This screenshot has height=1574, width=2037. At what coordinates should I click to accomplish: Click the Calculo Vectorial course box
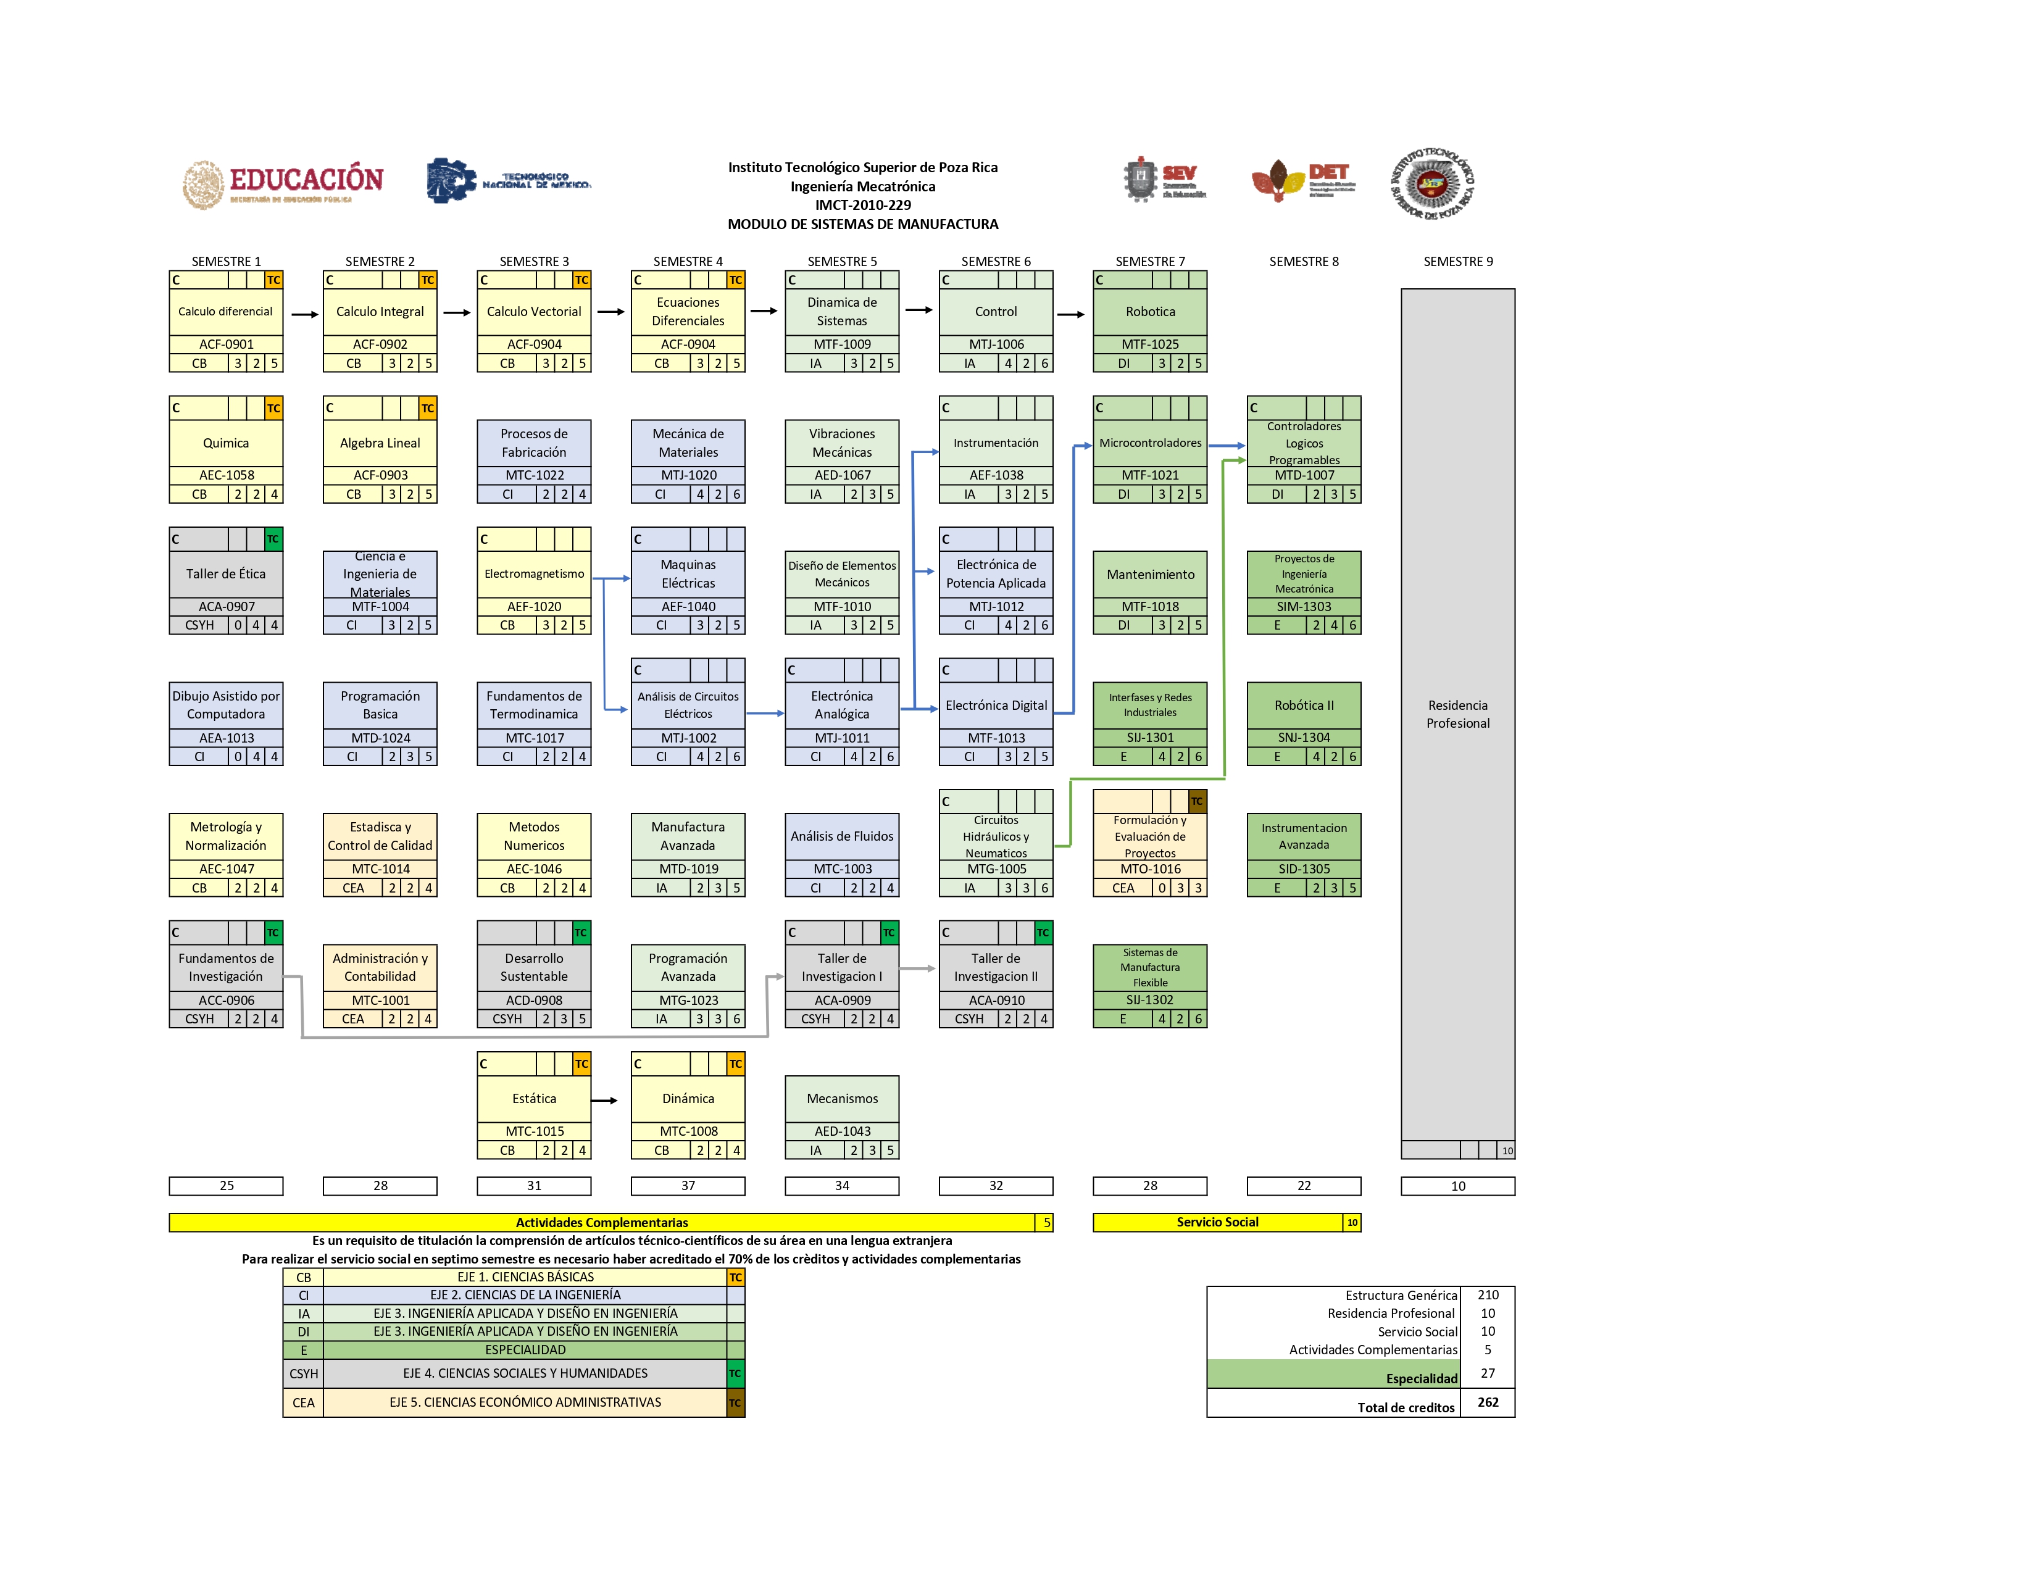coord(533,312)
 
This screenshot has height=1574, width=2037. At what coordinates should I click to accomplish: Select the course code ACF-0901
coord(226,344)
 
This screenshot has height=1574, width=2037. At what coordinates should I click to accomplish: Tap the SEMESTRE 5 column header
coord(841,261)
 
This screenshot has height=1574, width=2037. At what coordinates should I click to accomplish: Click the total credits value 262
coord(1488,1402)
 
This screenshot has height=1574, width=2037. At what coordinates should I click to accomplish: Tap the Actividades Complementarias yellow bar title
coord(602,1222)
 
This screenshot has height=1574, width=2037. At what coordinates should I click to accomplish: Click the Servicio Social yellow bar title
coord(1217,1222)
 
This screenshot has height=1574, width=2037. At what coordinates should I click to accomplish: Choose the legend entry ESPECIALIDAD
coord(525,1349)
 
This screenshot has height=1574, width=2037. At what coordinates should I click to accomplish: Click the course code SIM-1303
coord(1304,606)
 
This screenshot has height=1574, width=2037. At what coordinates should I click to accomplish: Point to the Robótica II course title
coord(1304,705)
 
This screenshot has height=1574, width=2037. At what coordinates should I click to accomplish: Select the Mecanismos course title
coord(841,1099)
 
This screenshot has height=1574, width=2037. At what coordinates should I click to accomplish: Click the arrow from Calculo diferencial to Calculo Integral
coord(304,314)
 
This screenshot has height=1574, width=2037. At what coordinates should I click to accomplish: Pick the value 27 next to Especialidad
coord(1488,1373)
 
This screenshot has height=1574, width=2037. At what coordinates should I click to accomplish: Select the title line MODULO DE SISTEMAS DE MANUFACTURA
coord(863,224)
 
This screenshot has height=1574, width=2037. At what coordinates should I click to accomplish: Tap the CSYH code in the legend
coord(303,1373)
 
